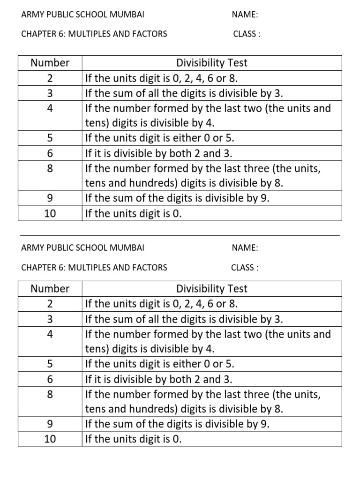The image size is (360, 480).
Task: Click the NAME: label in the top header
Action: [x=245, y=15]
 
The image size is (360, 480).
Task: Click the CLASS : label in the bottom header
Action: [x=244, y=268]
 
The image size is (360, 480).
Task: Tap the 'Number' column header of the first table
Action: [x=50, y=63]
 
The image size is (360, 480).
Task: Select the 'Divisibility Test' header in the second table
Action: [x=211, y=289]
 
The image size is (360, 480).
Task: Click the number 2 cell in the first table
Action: [x=50, y=78]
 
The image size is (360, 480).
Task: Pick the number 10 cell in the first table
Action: [x=50, y=214]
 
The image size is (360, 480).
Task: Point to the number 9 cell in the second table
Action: [x=50, y=424]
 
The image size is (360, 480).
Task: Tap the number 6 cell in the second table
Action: [x=50, y=379]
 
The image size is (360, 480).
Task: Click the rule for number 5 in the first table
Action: [x=159, y=138]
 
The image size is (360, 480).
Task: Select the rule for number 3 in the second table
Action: [x=184, y=319]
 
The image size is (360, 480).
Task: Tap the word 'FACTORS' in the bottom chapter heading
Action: [x=149, y=268]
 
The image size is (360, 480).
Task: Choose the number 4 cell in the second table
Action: [x=50, y=334]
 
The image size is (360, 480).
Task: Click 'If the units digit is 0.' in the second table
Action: [x=133, y=439]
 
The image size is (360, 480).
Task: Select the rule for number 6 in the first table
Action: [x=158, y=153]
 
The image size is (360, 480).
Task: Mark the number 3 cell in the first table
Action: [x=50, y=93]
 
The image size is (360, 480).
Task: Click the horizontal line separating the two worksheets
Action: [x=180, y=235]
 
